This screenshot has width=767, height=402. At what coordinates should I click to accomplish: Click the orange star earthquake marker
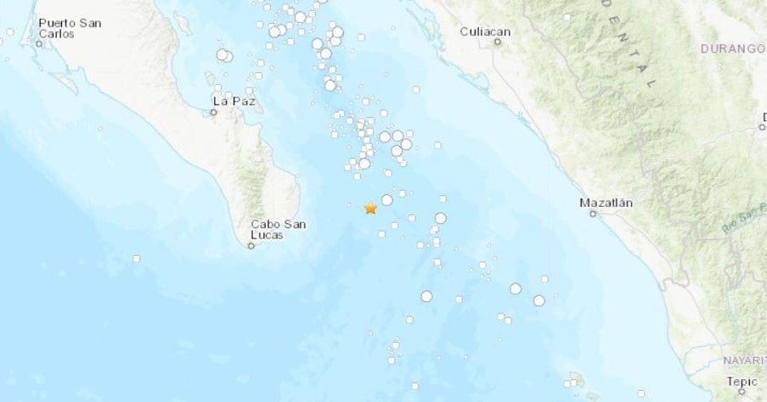(x=370, y=208)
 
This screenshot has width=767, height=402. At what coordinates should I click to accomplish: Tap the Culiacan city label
(x=485, y=31)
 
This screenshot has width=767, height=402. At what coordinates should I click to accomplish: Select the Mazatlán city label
(x=606, y=203)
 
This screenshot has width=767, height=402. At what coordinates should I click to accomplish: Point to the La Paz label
(x=233, y=101)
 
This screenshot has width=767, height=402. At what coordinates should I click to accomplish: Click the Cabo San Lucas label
(x=279, y=229)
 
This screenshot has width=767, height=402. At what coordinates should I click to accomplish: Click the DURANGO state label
(x=732, y=49)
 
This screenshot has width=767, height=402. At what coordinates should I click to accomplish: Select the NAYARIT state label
(x=744, y=360)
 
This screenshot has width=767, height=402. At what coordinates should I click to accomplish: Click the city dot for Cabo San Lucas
(x=251, y=246)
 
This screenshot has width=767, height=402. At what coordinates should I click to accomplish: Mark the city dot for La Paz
(x=214, y=112)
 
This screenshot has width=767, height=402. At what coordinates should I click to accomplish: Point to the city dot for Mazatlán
(x=593, y=214)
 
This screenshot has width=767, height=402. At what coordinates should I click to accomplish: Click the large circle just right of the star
(x=386, y=200)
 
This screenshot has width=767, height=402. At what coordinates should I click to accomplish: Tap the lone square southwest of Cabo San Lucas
(x=135, y=259)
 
